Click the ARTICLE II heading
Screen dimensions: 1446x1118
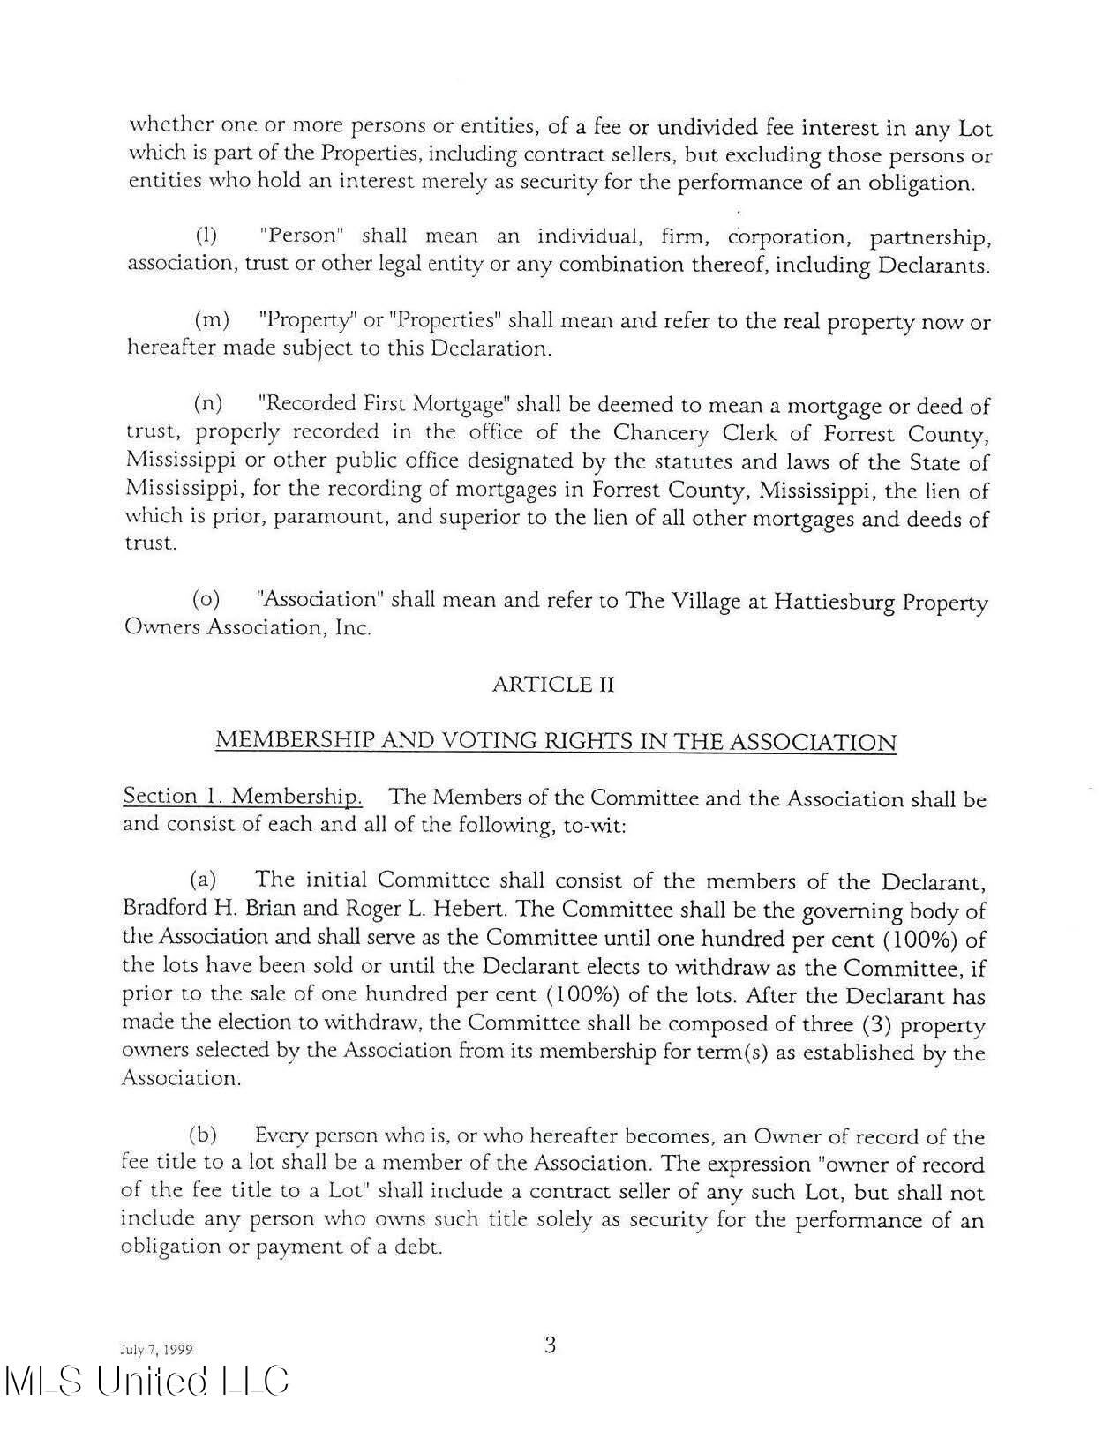point(552,685)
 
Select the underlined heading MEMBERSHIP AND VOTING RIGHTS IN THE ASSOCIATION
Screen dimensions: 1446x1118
point(555,741)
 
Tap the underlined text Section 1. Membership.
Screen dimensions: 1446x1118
point(242,797)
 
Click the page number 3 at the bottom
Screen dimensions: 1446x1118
point(550,1345)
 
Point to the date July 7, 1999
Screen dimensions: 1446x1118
point(156,1350)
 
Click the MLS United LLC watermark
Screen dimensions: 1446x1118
point(146,1382)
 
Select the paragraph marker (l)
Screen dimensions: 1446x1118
point(206,236)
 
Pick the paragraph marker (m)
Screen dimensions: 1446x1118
point(211,319)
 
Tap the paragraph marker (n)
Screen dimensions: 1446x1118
point(208,404)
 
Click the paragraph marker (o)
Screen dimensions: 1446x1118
point(206,600)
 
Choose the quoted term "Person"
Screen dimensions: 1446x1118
point(301,236)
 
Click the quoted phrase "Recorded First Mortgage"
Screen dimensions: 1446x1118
point(384,404)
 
